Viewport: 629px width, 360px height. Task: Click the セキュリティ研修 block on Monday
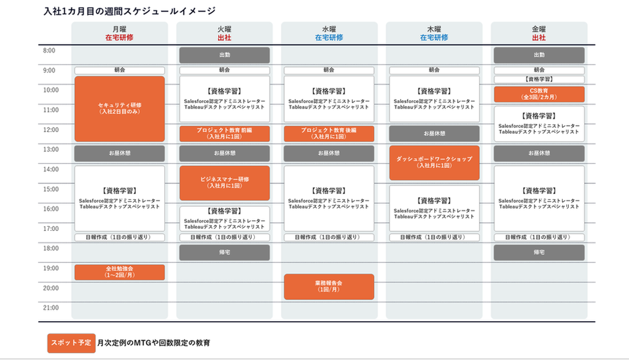pyautogui.click(x=119, y=108)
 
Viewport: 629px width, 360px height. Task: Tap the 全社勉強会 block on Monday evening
pyautogui.click(x=119, y=272)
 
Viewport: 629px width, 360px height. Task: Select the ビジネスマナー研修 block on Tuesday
pyautogui.click(x=224, y=183)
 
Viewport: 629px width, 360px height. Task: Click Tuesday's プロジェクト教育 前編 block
pyautogui.click(x=224, y=133)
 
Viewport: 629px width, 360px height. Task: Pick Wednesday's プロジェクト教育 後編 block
pyautogui.click(x=329, y=133)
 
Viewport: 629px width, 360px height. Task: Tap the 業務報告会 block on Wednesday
pyautogui.click(x=329, y=286)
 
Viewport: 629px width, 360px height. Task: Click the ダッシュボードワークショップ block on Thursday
pyautogui.click(x=434, y=163)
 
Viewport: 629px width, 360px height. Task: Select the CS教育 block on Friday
pyautogui.click(x=539, y=94)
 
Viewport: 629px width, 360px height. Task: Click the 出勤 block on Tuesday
pyautogui.click(x=224, y=55)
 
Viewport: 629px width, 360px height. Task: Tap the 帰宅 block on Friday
pyautogui.click(x=539, y=252)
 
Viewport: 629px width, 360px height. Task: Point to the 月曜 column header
pyautogui.click(x=119, y=29)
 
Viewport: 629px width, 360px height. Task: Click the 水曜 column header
pyautogui.click(x=329, y=29)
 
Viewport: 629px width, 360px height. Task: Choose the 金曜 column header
pyautogui.click(x=539, y=29)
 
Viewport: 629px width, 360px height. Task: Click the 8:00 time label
pyautogui.click(x=50, y=50)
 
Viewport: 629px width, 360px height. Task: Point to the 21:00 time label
pyautogui.click(x=51, y=308)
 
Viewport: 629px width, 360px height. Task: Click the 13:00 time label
pyautogui.click(x=51, y=149)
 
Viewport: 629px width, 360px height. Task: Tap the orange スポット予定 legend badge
pyautogui.click(x=70, y=343)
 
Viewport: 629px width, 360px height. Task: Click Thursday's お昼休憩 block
pyautogui.click(x=434, y=133)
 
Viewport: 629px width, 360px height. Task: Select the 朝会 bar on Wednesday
pyautogui.click(x=329, y=70)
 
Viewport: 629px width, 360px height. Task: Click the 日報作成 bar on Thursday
pyautogui.click(x=434, y=237)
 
